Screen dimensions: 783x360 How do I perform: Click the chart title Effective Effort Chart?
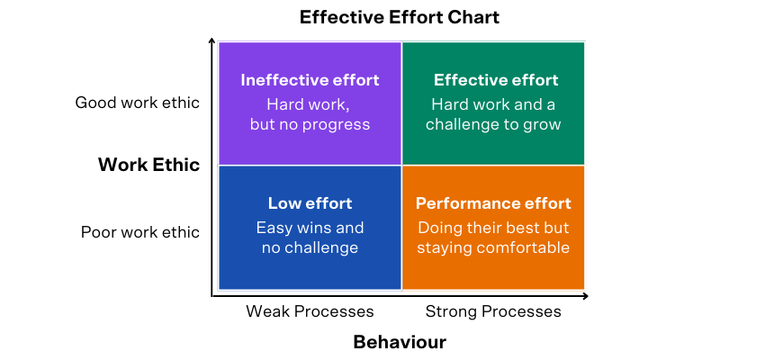(400, 17)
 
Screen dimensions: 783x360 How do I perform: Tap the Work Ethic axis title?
(148, 165)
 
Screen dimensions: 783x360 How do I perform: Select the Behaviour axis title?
(400, 342)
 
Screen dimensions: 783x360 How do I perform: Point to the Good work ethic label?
(138, 103)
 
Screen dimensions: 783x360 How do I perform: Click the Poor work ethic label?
(140, 232)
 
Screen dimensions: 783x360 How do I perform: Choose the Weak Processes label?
(310, 311)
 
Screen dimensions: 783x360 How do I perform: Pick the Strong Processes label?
(493, 311)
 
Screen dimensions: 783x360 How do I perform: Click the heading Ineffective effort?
(310, 80)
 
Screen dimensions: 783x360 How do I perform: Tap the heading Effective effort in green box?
(496, 80)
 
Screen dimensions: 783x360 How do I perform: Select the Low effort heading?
(310, 203)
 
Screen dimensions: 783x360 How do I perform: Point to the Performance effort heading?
(493, 203)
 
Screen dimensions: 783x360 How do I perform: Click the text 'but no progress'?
(310, 124)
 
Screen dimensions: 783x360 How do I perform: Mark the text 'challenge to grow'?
(493, 124)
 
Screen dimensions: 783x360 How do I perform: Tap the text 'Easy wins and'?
(310, 228)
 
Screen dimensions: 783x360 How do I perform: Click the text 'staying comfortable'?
(493, 247)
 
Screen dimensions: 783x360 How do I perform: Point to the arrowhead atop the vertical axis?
(212, 40)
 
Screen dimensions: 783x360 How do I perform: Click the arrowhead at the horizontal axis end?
(585, 296)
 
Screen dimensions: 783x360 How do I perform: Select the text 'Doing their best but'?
(493, 228)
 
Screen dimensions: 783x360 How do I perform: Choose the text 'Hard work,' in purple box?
(308, 104)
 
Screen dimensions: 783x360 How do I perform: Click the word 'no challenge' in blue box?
(310, 247)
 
